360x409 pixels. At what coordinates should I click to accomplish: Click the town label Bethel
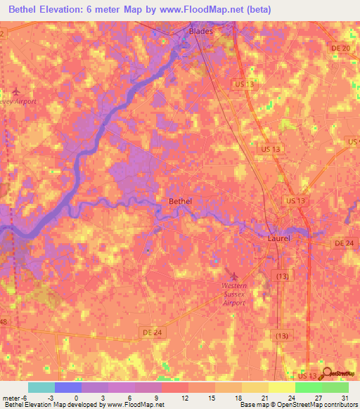(x=181, y=201)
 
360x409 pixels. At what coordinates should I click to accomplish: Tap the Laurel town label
(x=279, y=239)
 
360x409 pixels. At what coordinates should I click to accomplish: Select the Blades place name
(x=200, y=32)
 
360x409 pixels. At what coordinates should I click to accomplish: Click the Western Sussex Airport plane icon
(x=234, y=275)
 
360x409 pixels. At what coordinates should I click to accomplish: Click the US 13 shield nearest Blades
(x=243, y=84)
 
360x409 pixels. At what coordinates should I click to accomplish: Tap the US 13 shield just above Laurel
(x=295, y=201)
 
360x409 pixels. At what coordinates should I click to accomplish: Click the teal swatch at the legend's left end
(x=41, y=387)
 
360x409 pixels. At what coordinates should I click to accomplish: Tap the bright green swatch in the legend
(x=308, y=387)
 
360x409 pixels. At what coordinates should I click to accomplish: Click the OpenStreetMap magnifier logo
(x=326, y=374)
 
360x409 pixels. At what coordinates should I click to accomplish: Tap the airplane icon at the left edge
(x=15, y=91)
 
